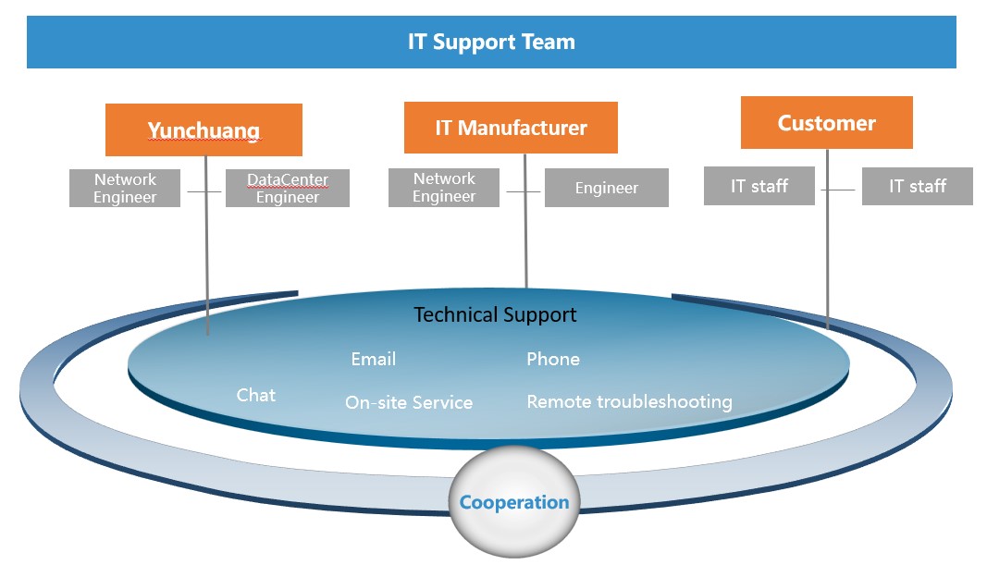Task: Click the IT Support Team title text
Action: [x=491, y=43]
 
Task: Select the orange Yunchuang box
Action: [x=204, y=129]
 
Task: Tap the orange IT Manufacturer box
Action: [x=511, y=128]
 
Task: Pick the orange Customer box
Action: [x=826, y=123]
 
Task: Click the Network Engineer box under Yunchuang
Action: [x=125, y=188]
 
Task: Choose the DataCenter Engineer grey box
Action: [x=288, y=188]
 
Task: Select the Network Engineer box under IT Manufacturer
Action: [x=444, y=188]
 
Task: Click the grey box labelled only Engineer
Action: [x=606, y=188]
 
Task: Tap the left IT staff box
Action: [x=759, y=186]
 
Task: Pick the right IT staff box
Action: [x=917, y=186]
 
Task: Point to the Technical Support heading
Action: [x=495, y=314]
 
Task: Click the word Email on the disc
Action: [x=374, y=360]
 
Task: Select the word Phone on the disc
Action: [x=553, y=360]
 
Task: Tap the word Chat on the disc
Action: [x=255, y=395]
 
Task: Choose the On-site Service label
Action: [x=409, y=402]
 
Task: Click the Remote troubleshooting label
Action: [x=629, y=402]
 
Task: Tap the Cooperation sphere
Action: [x=514, y=501]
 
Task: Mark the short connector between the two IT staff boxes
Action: [x=838, y=190]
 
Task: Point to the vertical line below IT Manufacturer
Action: [x=525, y=221]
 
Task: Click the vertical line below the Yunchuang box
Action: [x=206, y=245]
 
